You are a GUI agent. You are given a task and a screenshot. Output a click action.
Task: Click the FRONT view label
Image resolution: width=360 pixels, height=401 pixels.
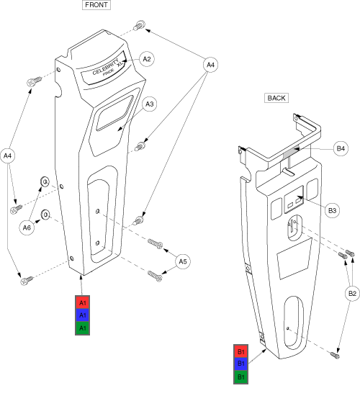96,5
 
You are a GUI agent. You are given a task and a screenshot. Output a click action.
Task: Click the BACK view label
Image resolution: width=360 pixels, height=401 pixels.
276,98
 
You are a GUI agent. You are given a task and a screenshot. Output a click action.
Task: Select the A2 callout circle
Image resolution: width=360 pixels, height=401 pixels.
147,59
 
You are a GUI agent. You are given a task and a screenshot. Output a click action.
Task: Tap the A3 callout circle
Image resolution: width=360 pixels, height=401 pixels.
150,104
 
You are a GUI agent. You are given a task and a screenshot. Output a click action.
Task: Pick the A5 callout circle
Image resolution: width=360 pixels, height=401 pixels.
183,261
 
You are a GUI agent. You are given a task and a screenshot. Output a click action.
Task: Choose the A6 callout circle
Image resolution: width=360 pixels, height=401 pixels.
27,227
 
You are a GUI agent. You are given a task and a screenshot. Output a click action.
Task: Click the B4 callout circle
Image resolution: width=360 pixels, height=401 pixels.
341,148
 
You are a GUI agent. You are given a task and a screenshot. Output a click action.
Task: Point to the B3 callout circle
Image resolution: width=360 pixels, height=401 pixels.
332,210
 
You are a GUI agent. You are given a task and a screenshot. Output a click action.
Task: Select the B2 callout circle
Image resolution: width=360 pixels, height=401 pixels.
352,293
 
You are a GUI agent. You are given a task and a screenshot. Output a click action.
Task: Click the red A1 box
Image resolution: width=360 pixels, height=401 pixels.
82,303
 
